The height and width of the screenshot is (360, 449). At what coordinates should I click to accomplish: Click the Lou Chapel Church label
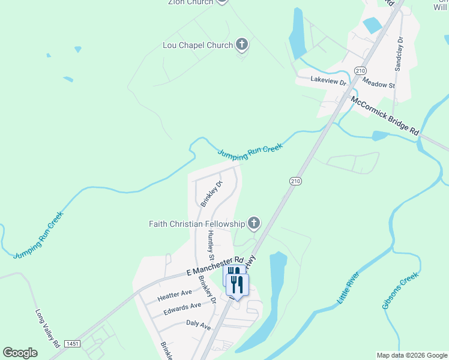[x=197, y=45]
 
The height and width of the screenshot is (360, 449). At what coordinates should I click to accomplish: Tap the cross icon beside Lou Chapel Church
[x=241, y=44]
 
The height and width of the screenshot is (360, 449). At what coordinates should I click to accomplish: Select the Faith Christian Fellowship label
[x=197, y=224]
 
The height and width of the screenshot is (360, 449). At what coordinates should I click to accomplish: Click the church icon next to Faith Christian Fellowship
[x=253, y=224]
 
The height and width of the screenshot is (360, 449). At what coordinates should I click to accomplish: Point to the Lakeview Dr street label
[x=328, y=80]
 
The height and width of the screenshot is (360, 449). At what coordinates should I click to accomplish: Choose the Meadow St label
[x=378, y=86]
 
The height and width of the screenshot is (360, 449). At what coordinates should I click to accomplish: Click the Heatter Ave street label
[x=175, y=295]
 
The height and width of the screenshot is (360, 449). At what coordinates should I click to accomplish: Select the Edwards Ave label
[x=182, y=309]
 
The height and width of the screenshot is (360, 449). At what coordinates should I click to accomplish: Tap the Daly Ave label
[x=198, y=325]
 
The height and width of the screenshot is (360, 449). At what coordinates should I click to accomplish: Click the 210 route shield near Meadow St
[x=360, y=71]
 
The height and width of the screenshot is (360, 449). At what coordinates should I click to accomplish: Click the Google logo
[x=20, y=353]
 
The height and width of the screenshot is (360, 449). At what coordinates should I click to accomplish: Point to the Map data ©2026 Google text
[x=411, y=355]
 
